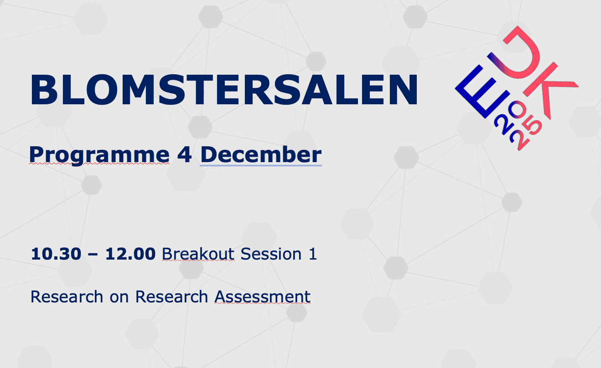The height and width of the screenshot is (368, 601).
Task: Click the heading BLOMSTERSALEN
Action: click(x=224, y=89)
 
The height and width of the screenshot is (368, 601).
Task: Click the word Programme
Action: click(x=99, y=155)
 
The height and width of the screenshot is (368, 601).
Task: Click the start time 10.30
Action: click(x=56, y=254)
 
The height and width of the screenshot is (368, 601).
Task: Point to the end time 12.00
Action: click(x=130, y=254)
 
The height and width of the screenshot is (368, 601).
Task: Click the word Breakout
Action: click(x=198, y=254)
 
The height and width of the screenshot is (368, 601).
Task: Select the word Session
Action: click(x=271, y=254)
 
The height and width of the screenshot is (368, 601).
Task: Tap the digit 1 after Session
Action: click(x=313, y=254)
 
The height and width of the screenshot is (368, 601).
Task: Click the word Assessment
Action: click(x=262, y=296)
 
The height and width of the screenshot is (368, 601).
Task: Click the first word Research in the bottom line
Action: click(x=67, y=296)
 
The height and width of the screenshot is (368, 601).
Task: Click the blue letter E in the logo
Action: click(x=482, y=92)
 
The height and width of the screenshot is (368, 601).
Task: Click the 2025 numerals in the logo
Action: click(x=518, y=125)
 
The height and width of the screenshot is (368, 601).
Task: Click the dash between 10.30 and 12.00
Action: click(x=93, y=254)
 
